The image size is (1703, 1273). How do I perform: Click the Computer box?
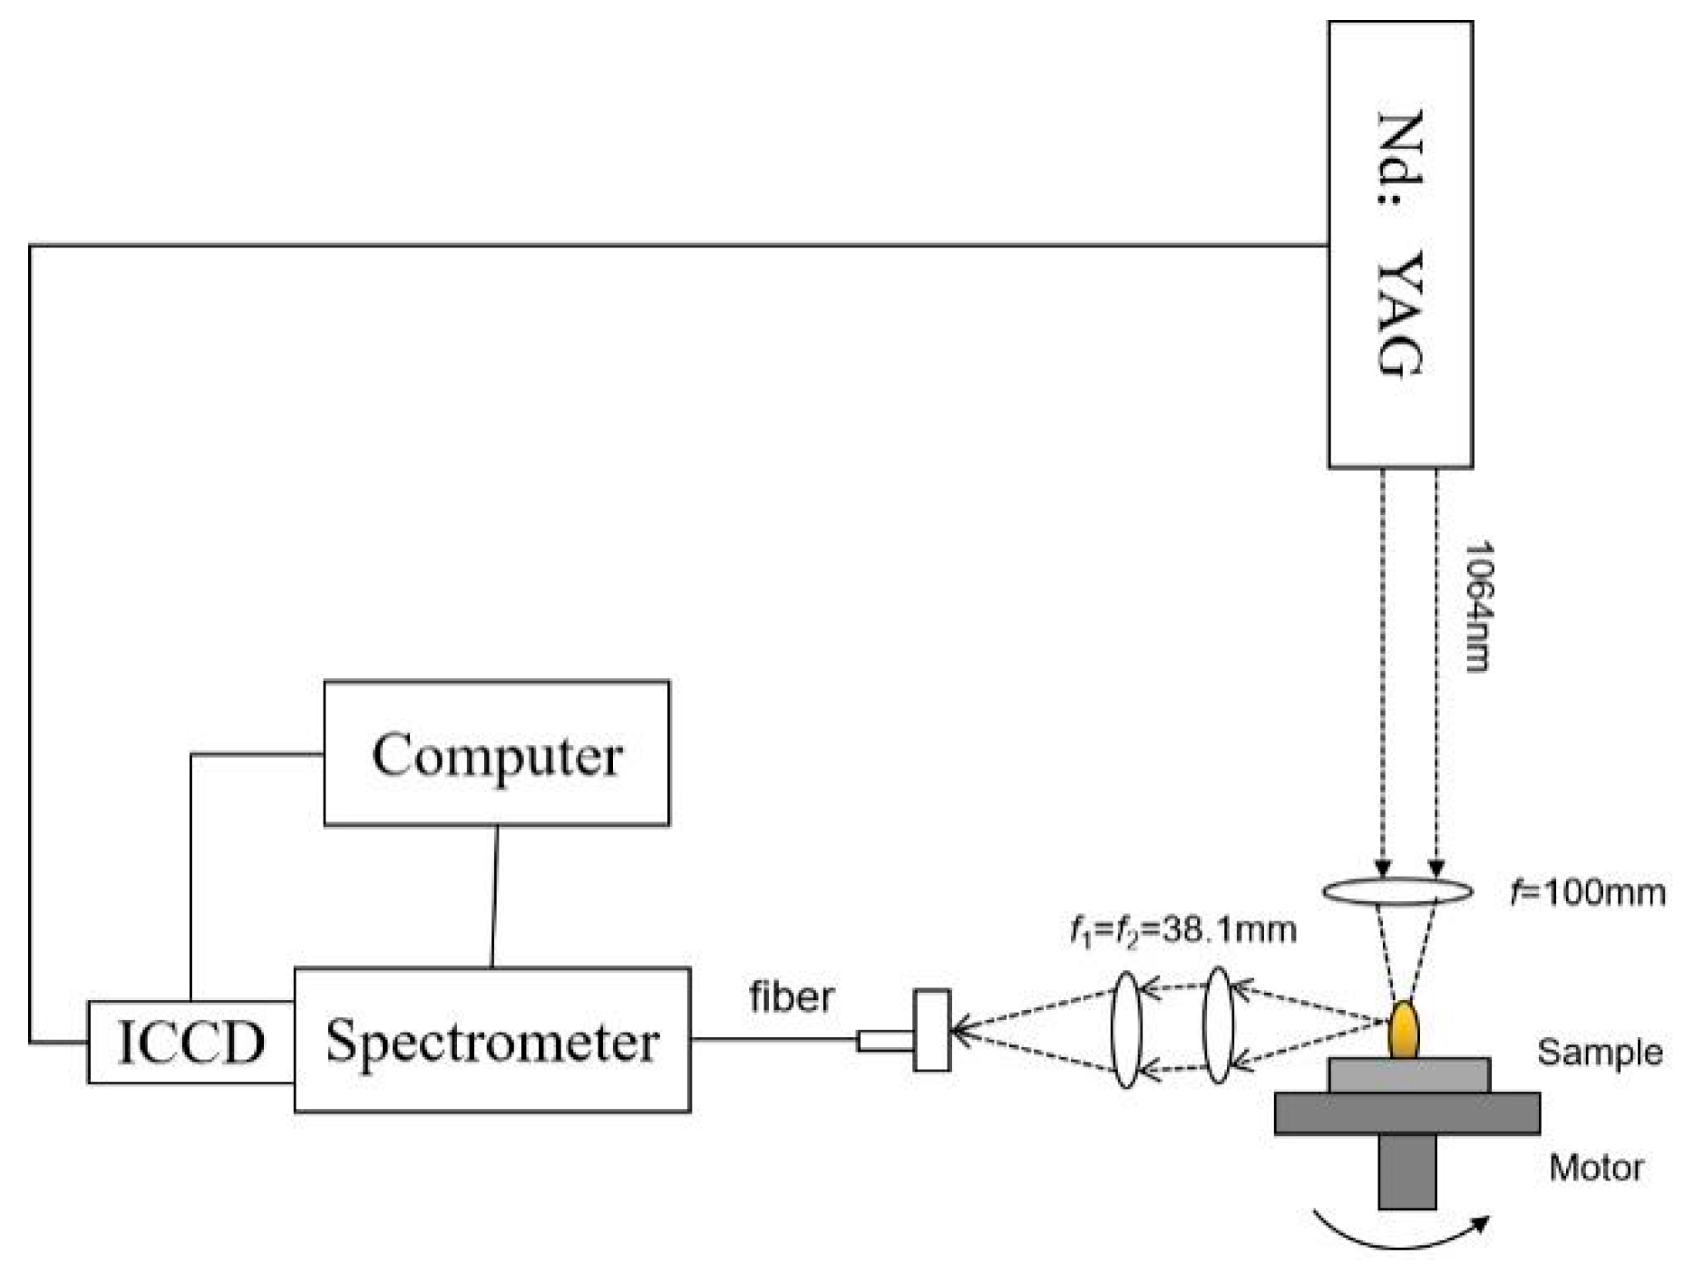tap(496, 753)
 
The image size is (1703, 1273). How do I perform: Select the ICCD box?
tap(190, 1042)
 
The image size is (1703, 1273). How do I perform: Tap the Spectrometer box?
tap(491, 1040)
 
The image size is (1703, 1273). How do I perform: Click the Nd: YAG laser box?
tap(1399, 245)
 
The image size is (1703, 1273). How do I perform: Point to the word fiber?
tap(791, 997)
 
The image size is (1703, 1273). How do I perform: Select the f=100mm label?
tap(1587, 893)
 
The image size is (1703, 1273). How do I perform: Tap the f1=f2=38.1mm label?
tap(1182, 930)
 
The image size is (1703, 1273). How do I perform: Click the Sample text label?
tap(1599, 1053)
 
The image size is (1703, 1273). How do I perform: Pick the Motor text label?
tap(1595, 1167)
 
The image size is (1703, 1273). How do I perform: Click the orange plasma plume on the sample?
tap(1403, 1030)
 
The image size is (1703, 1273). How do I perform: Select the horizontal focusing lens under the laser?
tap(1397, 892)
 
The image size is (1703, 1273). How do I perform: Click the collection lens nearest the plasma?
tap(1218, 1025)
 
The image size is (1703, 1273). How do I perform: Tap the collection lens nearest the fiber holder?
tap(1124, 1030)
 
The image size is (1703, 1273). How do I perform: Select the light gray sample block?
tap(1408, 1075)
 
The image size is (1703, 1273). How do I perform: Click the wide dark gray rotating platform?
tap(1406, 1113)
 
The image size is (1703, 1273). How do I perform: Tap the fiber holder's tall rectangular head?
tap(931, 1030)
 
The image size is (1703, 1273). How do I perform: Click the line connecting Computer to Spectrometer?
tap(494, 896)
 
